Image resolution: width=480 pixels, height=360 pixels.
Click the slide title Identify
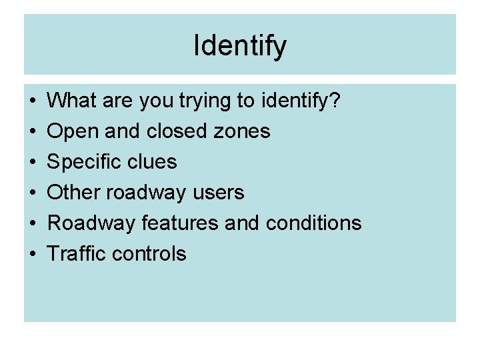240,46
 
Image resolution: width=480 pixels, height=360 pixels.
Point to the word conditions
313,223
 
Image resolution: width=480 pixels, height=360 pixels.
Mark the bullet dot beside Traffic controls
33,254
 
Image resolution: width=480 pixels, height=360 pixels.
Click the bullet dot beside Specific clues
33,162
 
